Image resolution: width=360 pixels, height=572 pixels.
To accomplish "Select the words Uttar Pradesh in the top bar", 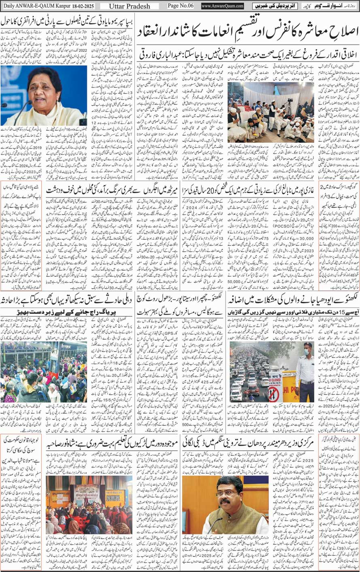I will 129,6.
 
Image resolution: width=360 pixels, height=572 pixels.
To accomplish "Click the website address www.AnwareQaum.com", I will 222,6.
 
